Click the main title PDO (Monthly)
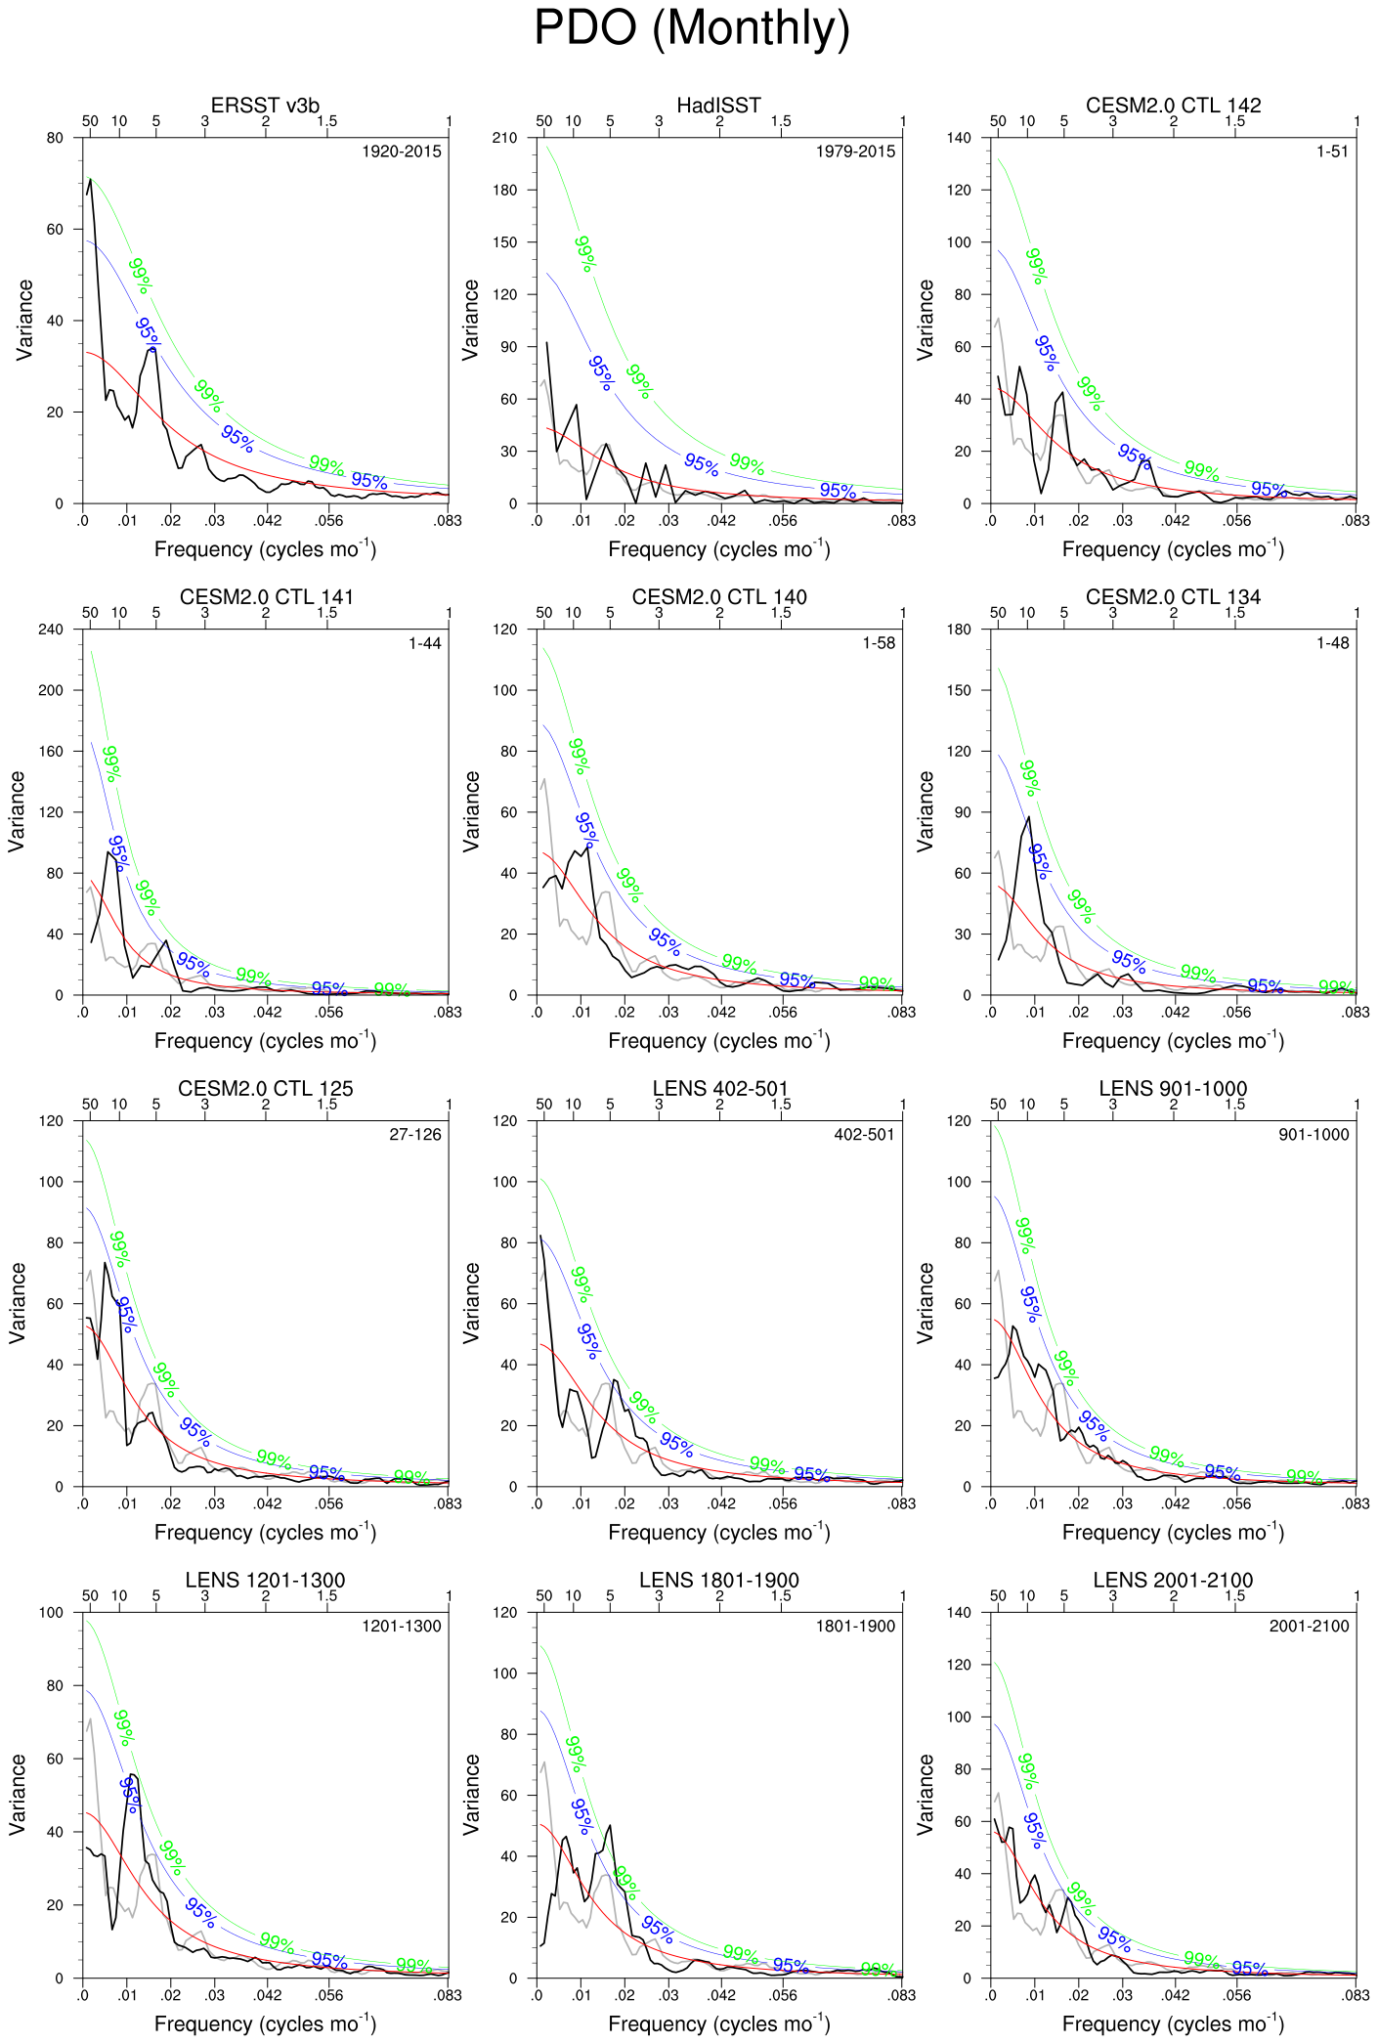(x=691, y=29)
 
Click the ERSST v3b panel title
(x=265, y=106)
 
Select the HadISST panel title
(x=718, y=106)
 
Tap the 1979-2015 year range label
(x=855, y=152)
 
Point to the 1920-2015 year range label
(x=402, y=152)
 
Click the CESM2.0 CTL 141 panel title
(x=265, y=597)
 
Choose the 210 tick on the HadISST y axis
(x=504, y=138)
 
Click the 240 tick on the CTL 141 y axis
(x=51, y=630)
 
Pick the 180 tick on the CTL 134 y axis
(x=959, y=630)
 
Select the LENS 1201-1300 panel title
(x=265, y=1581)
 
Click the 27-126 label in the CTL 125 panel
(x=415, y=1135)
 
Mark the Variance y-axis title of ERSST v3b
(x=25, y=320)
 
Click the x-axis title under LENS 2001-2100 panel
(x=1173, y=2023)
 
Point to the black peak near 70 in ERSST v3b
(x=90, y=180)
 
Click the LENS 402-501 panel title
(x=719, y=1089)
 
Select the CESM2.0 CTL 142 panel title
(x=1173, y=106)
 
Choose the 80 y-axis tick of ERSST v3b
(x=55, y=138)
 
